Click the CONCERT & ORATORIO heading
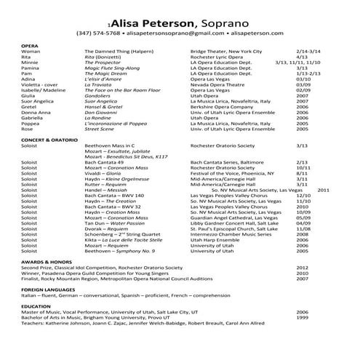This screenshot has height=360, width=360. (x=49, y=139)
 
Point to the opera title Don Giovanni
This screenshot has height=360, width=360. (x=101, y=113)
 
